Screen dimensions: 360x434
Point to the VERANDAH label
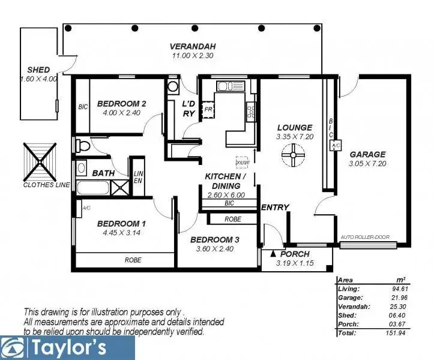[x=192, y=46]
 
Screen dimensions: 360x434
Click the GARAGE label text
[x=367, y=154]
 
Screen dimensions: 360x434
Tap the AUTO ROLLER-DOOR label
[x=365, y=237]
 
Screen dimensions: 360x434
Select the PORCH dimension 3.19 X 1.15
[x=296, y=263]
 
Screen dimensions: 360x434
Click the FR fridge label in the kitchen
[x=208, y=110]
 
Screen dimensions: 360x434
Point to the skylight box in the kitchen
[x=243, y=163]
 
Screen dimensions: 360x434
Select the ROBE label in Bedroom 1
[x=133, y=260]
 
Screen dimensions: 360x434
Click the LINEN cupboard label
[x=137, y=177]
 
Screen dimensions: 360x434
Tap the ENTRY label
[x=275, y=208]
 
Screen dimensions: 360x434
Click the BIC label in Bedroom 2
[x=83, y=108]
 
